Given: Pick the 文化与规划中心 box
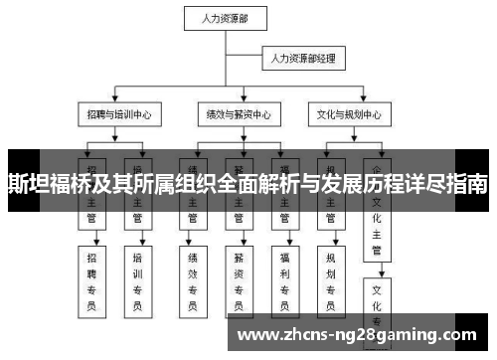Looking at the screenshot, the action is [344, 114].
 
